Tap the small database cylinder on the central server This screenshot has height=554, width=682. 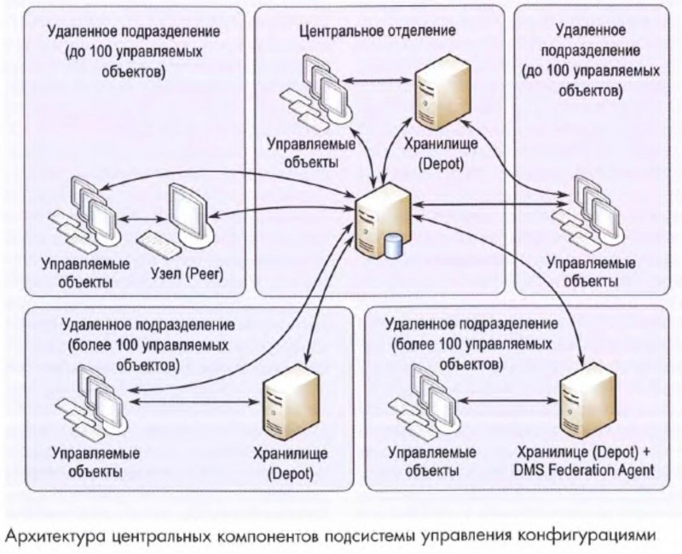point(393,245)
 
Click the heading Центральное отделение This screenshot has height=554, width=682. point(378,30)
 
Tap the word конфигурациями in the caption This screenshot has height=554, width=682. point(597,535)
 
